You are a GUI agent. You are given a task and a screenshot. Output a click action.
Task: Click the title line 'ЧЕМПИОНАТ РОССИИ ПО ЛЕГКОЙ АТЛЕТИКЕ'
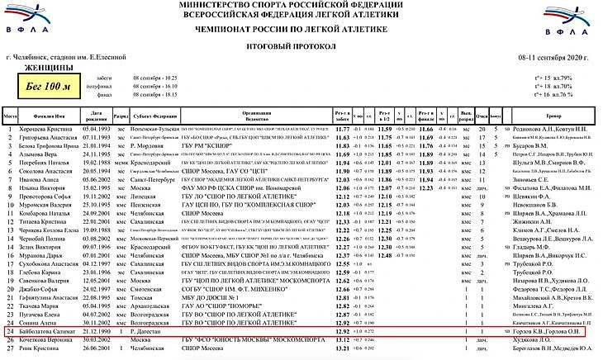[x=301, y=28]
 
